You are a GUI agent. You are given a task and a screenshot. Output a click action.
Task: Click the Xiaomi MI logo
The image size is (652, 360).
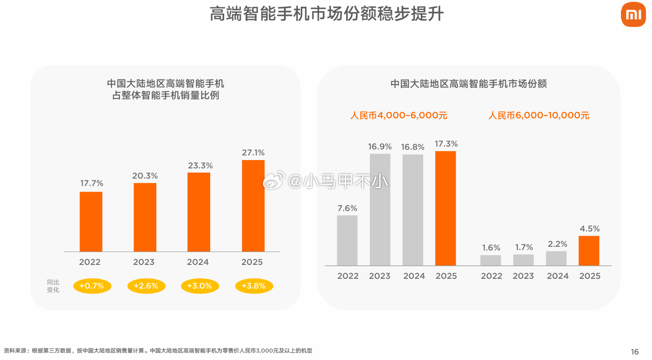(633, 14)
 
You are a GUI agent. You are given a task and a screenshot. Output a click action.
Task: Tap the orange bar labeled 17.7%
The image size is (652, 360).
(91, 221)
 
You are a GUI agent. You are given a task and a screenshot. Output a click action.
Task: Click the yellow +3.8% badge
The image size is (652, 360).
(254, 286)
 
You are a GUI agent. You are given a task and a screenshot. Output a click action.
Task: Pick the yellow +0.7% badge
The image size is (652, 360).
(91, 286)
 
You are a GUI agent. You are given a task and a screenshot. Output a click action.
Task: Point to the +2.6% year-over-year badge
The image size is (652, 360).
(146, 286)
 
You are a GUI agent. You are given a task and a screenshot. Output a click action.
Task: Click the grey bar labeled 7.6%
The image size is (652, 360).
(347, 240)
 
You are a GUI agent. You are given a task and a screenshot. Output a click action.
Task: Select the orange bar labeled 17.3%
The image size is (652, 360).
(445, 208)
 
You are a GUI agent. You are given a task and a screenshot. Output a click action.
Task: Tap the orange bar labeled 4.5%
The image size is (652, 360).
(589, 251)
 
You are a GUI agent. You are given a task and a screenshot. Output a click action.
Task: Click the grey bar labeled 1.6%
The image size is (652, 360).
(491, 260)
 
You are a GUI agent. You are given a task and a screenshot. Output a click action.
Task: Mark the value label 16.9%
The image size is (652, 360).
(380, 147)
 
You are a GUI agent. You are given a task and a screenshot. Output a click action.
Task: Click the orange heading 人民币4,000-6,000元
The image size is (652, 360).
(399, 116)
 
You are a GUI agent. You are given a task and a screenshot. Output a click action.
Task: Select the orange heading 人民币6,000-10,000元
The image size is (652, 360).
(539, 116)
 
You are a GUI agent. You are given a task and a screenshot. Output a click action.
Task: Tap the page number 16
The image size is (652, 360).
(635, 352)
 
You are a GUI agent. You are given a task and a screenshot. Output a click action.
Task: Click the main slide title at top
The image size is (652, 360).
(326, 14)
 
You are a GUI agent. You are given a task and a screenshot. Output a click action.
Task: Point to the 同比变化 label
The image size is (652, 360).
(53, 286)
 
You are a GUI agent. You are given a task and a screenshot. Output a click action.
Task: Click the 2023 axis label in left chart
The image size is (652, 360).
(144, 262)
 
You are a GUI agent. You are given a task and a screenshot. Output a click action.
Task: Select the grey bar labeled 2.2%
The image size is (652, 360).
(556, 258)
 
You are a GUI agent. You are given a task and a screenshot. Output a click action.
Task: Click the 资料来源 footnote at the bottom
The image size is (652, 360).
(158, 351)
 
